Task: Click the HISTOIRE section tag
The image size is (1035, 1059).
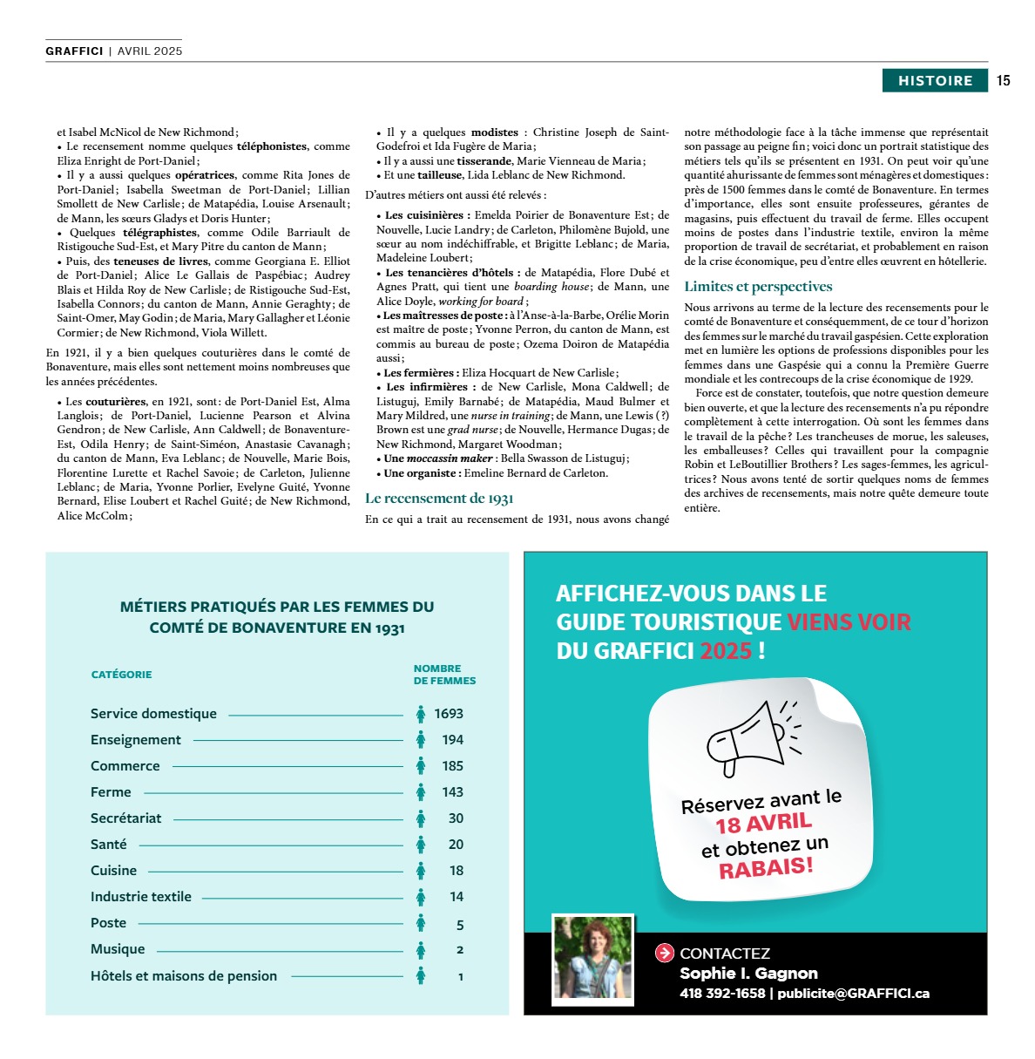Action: click(935, 81)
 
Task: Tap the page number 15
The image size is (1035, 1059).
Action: click(1004, 81)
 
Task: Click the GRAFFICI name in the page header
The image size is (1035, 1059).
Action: click(74, 51)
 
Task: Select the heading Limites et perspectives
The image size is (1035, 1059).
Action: click(758, 287)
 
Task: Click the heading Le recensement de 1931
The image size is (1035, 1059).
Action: click(439, 499)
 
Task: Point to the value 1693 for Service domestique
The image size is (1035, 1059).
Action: click(449, 714)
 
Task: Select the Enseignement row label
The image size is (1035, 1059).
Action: click(136, 740)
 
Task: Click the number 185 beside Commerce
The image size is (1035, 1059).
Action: click(452, 766)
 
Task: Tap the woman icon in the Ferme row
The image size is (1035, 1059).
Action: click(421, 792)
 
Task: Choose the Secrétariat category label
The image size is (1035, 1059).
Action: click(125, 818)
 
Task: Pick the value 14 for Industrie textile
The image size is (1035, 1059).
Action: click(457, 897)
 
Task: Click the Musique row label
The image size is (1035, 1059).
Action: click(118, 949)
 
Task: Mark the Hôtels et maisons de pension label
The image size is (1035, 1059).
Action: click(184, 976)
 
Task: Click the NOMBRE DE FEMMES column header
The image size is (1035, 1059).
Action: click(444, 675)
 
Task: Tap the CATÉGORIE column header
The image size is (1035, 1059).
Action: click(121, 675)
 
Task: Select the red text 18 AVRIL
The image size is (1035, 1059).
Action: click(763, 823)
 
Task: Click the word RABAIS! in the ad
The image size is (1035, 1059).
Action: click(766, 868)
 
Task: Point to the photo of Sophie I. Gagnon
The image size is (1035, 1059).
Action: click(593, 957)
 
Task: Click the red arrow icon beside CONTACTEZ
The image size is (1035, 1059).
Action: click(665, 954)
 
